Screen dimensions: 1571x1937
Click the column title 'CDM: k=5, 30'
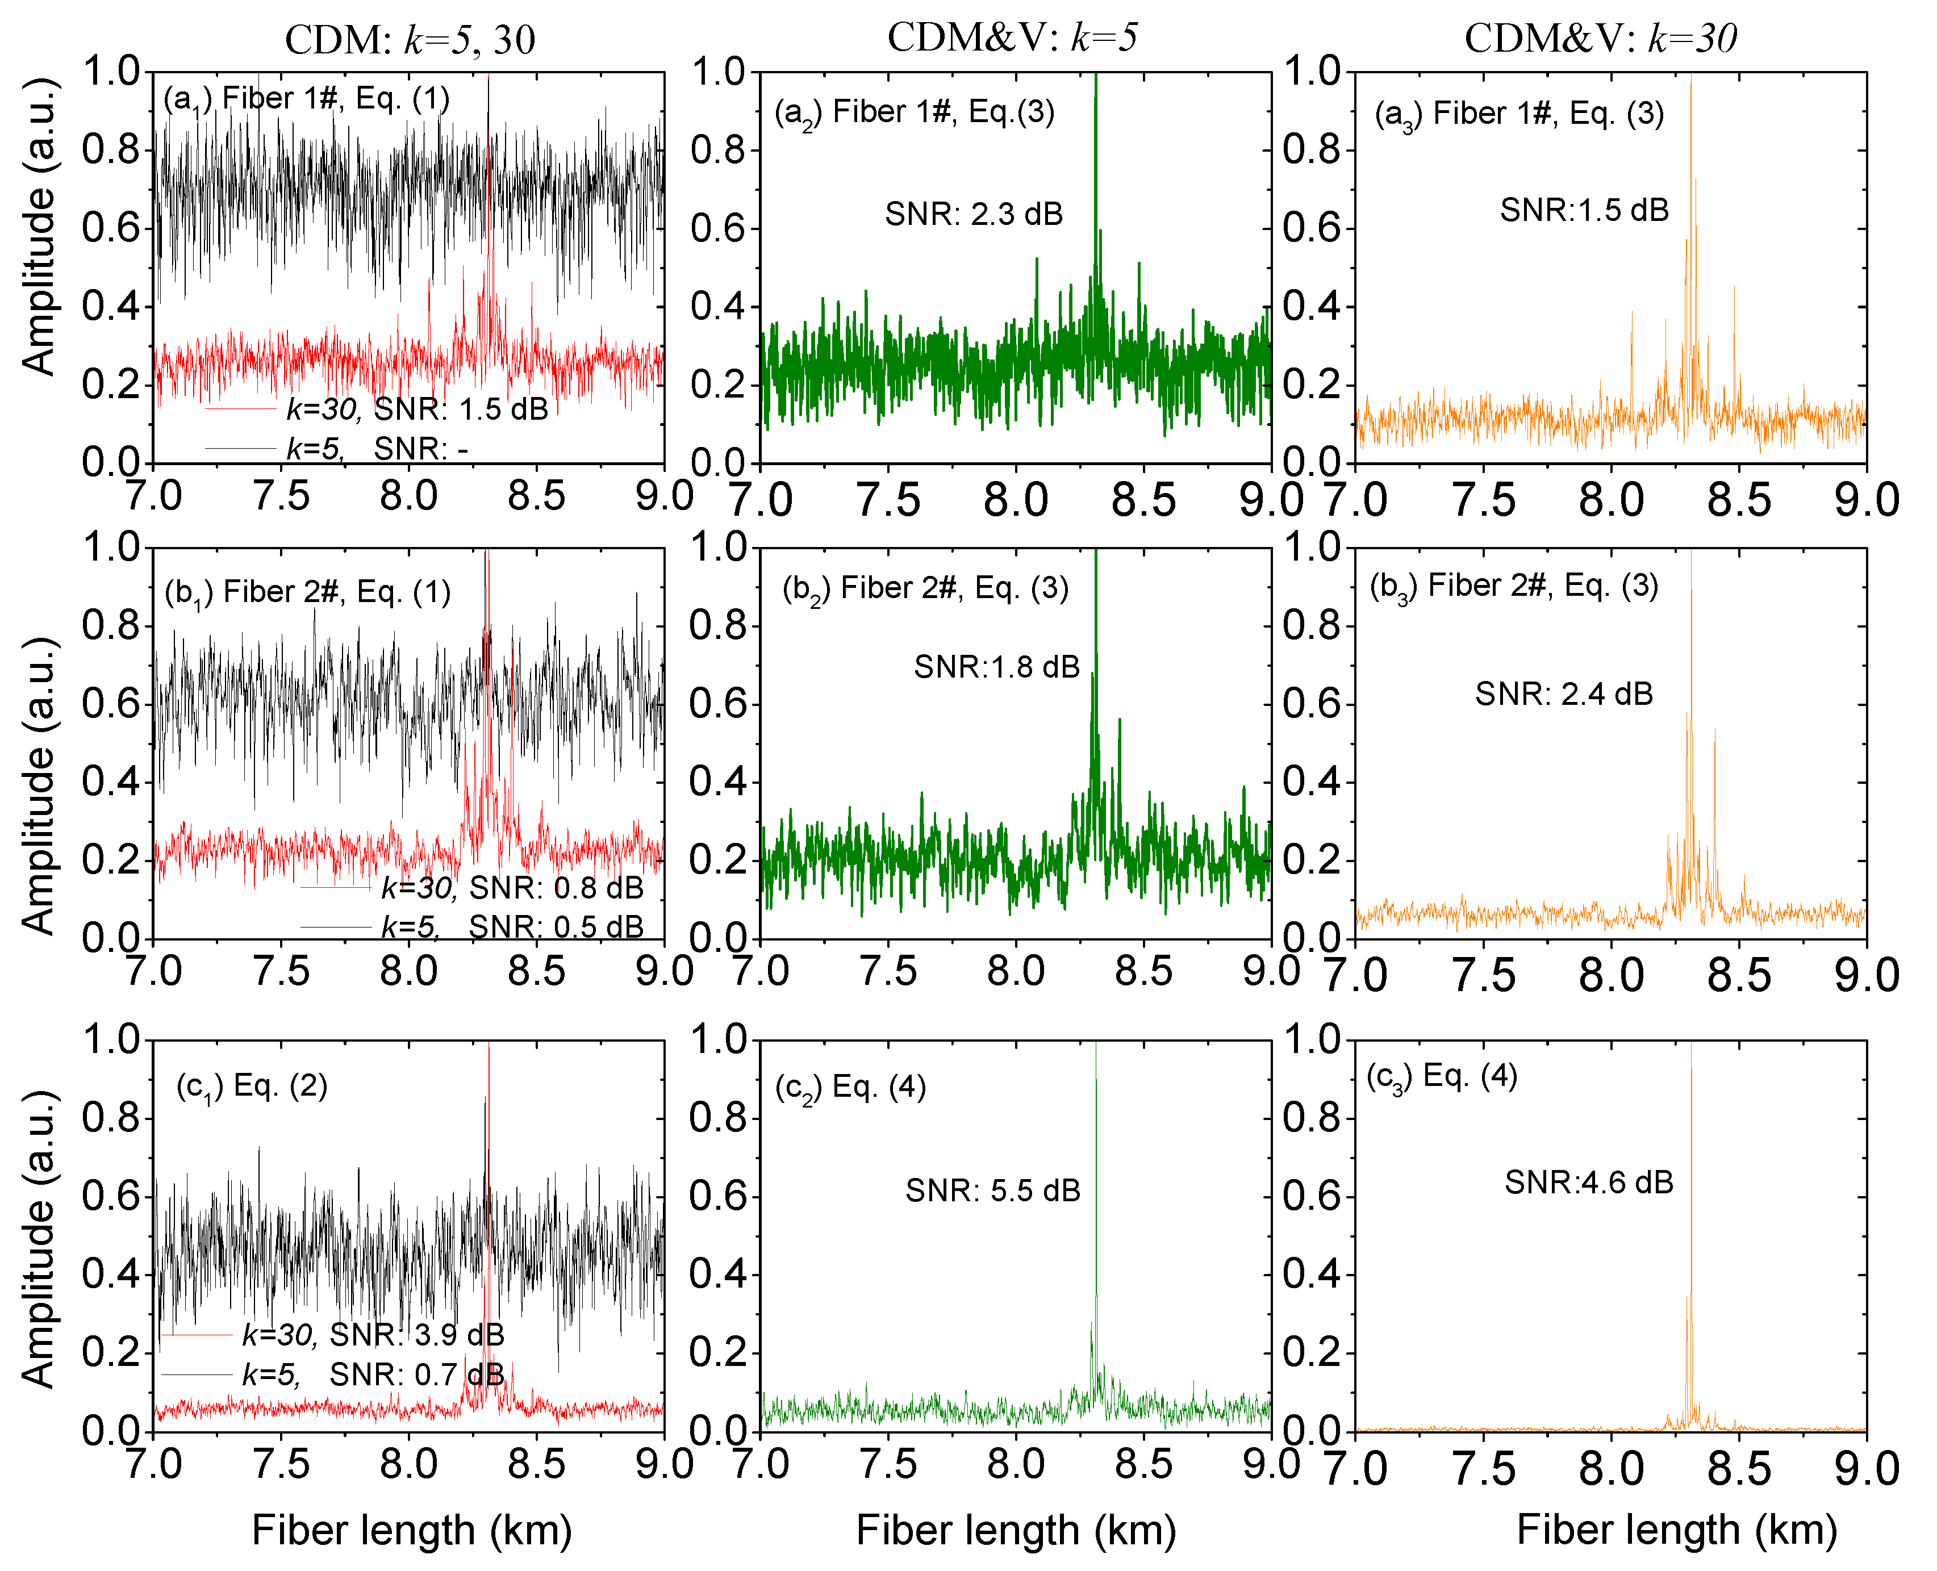410,40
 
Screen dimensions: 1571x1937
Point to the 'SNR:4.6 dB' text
1589,1182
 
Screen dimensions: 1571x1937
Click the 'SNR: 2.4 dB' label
1564,694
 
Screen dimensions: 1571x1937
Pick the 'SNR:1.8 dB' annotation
996,667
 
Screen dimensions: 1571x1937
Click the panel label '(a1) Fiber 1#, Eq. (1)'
307,99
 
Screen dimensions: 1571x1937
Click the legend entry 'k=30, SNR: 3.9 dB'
372,1335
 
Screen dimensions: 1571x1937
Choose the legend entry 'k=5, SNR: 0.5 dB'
511,927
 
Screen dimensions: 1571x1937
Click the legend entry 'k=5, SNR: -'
377,449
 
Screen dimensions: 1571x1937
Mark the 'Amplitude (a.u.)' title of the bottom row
38,1240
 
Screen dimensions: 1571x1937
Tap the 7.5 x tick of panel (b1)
282,971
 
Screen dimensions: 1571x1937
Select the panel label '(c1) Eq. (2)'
252,1086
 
